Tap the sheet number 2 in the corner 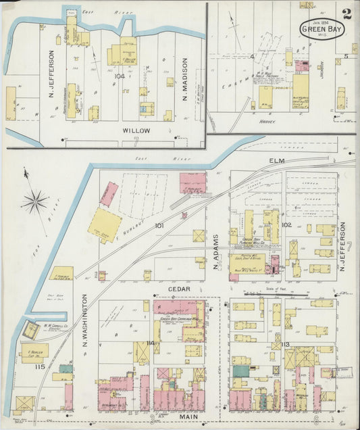pos(346,14)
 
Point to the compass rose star pos(34,201)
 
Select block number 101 pos(159,225)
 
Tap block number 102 pos(286,224)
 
